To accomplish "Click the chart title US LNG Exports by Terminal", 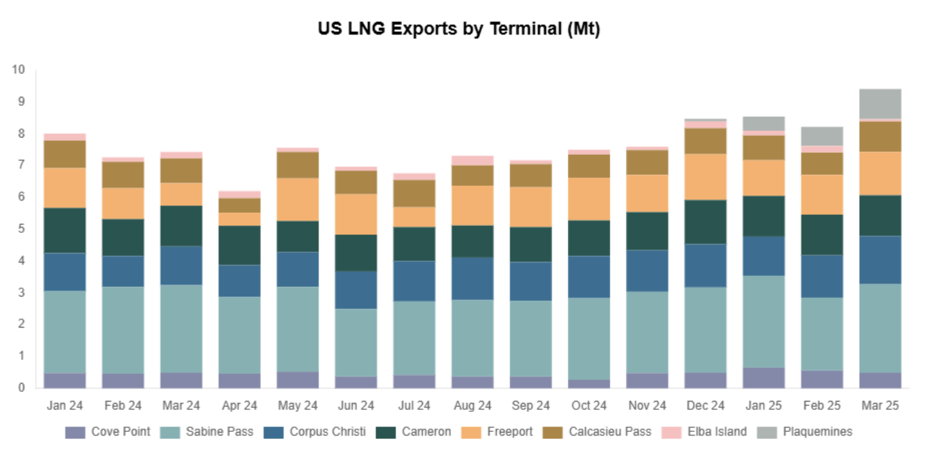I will pyautogui.click(x=459, y=29).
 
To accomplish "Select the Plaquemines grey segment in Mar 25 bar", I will pyautogui.click(x=880, y=104).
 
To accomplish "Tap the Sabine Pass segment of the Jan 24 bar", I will pyautogui.click(x=64, y=332).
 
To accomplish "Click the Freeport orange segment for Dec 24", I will pyautogui.click(x=706, y=176).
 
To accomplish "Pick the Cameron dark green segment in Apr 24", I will pyautogui.click(x=239, y=245).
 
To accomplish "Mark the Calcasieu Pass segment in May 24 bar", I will pyautogui.click(x=297, y=164).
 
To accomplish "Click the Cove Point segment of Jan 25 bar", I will pyautogui.click(x=764, y=377).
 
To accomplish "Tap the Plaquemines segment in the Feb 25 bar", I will pyautogui.click(x=822, y=136).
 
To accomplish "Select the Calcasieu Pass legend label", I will pyautogui.click(x=609, y=432).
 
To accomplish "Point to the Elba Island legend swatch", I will pyautogui.click(x=672, y=432).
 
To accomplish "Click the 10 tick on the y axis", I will pyautogui.click(x=18, y=70).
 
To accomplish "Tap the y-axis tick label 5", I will pyautogui.click(x=21, y=229).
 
